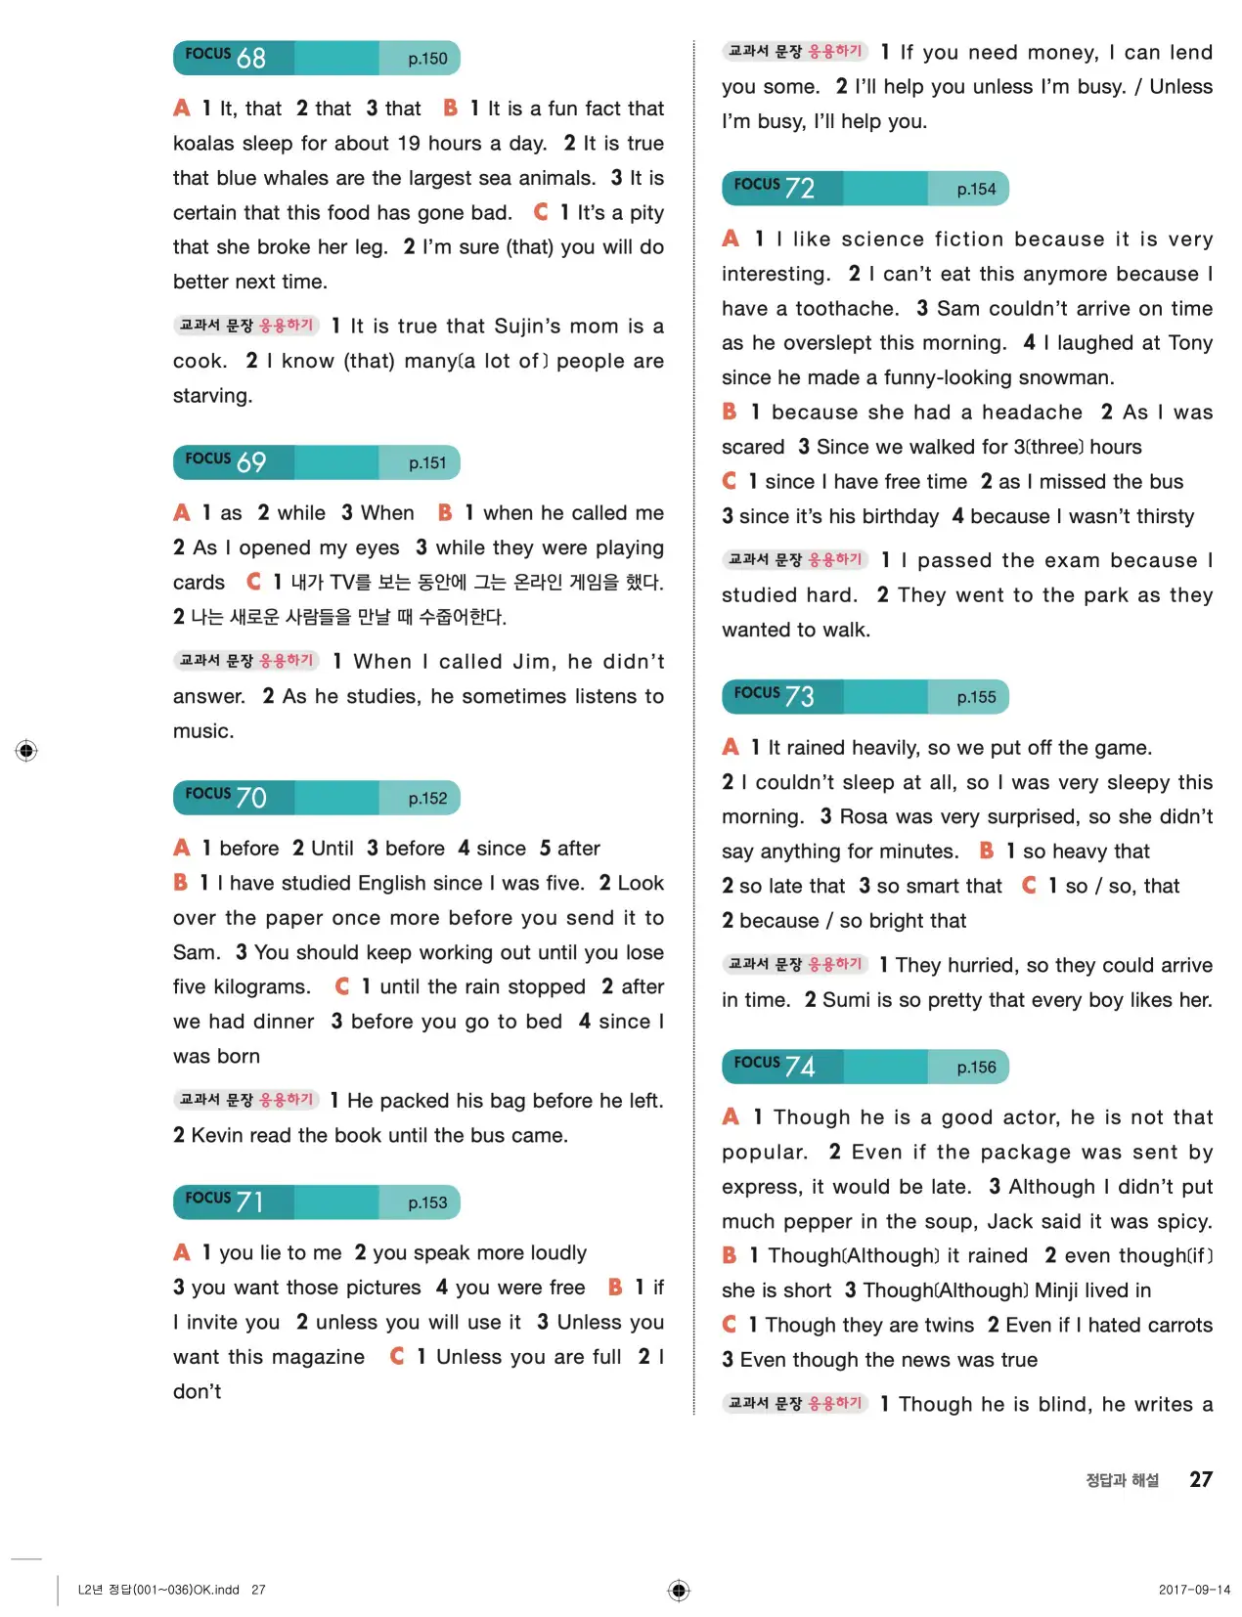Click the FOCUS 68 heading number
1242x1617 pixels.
click(250, 59)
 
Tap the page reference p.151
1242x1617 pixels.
click(427, 463)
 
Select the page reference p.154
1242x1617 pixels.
click(976, 190)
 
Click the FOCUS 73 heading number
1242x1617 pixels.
click(799, 697)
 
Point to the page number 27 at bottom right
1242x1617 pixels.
click(1201, 1479)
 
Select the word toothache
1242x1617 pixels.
click(846, 309)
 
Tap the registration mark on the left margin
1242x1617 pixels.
click(26, 751)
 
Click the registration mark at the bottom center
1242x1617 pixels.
click(679, 1590)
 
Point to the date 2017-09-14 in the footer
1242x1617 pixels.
click(1194, 1590)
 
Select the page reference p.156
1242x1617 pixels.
click(976, 1068)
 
